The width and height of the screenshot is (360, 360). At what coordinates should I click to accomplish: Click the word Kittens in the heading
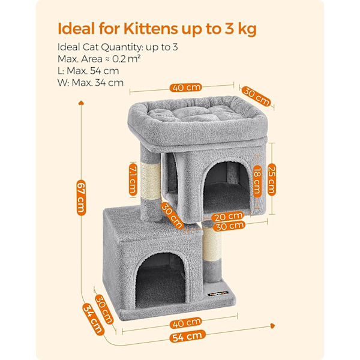point(151,28)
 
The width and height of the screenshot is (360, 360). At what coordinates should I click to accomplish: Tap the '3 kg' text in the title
point(241,29)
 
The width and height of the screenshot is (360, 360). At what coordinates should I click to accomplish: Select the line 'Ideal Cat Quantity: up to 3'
point(118,47)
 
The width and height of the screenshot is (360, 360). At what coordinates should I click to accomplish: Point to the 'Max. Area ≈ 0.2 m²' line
point(99,59)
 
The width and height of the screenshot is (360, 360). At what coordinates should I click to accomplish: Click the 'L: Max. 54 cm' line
point(88,71)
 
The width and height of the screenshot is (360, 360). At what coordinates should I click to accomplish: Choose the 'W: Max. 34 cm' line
point(91,83)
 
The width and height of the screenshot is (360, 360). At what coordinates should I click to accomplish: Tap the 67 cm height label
point(81,198)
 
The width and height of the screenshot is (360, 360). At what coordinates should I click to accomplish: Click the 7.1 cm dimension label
point(133,179)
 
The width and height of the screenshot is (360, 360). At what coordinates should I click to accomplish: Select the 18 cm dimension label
point(257,181)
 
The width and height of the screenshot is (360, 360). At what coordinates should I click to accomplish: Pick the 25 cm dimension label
point(272,179)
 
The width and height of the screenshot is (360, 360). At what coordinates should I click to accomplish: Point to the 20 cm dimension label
point(227,216)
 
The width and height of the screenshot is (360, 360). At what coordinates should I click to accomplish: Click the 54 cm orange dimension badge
point(187,337)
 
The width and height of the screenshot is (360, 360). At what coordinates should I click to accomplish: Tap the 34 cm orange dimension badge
point(93,319)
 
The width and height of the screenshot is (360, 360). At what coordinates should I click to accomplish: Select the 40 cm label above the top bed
point(185,88)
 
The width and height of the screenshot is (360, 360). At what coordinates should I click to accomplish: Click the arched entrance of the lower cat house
point(161,280)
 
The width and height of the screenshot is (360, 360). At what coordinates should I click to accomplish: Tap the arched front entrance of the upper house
point(226,186)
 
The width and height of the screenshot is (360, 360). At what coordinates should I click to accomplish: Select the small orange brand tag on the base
point(218,293)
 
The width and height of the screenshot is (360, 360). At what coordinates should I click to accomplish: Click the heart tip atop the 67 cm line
point(81,103)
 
